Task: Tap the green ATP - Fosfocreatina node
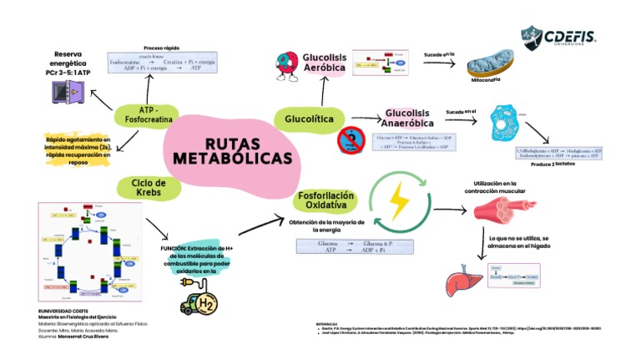[x=149, y=114]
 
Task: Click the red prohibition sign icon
[x=351, y=141]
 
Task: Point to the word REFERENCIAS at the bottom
[x=327, y=323]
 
